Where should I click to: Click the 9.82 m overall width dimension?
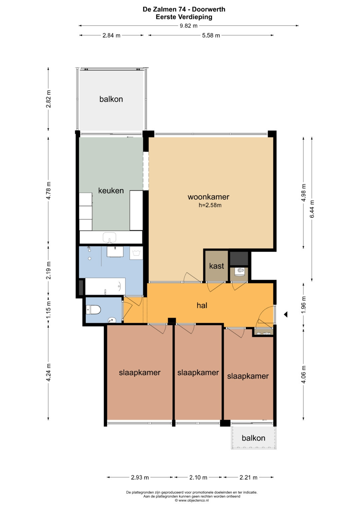tap(188, 26)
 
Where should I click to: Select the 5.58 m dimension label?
tap(211, 35)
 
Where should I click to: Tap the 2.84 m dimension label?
tap(111, 35)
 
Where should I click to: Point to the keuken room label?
tap(111, 190)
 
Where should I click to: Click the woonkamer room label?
tap(208, 197)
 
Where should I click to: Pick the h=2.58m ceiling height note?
tap(210, 205)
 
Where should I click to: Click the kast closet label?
tap(217, 266)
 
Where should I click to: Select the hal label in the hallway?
tap(202, 305)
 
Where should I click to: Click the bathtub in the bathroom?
tap(105, 286)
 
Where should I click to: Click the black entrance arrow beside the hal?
tap(286, 314)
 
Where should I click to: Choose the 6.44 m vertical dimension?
tap(312, 209)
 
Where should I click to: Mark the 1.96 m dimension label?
tap(303, 304)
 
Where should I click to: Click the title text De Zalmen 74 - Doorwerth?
tap(184, 9)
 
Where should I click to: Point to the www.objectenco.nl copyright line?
tap(192, 500)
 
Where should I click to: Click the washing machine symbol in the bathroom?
tap(136, 253)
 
